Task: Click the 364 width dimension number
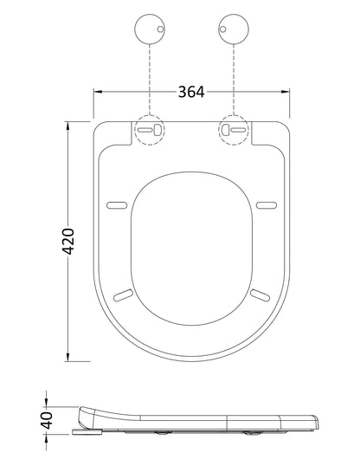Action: click(x=191, y=92)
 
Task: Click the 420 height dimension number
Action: click(x=68, y=242)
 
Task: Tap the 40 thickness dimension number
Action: click(x=47, y=420)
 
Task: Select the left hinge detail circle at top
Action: click(x=150, y=29)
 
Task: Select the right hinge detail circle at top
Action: click(x=234, y=29)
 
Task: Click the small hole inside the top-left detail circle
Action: click(x=160, y=29)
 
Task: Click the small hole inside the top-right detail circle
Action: click(x=222, y=29)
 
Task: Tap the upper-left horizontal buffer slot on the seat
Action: click(x=117, y=205)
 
